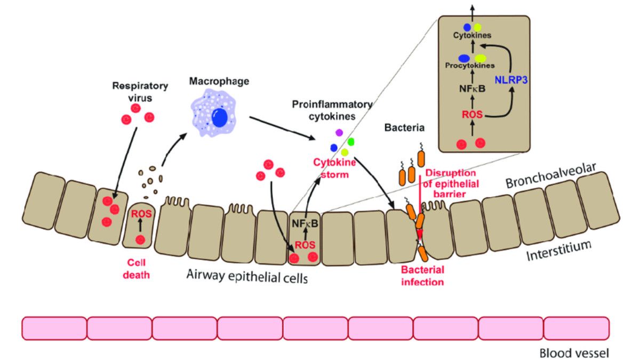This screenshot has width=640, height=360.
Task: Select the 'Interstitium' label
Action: coord(560,251)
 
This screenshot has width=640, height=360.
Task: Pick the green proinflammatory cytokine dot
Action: coord(350,142)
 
